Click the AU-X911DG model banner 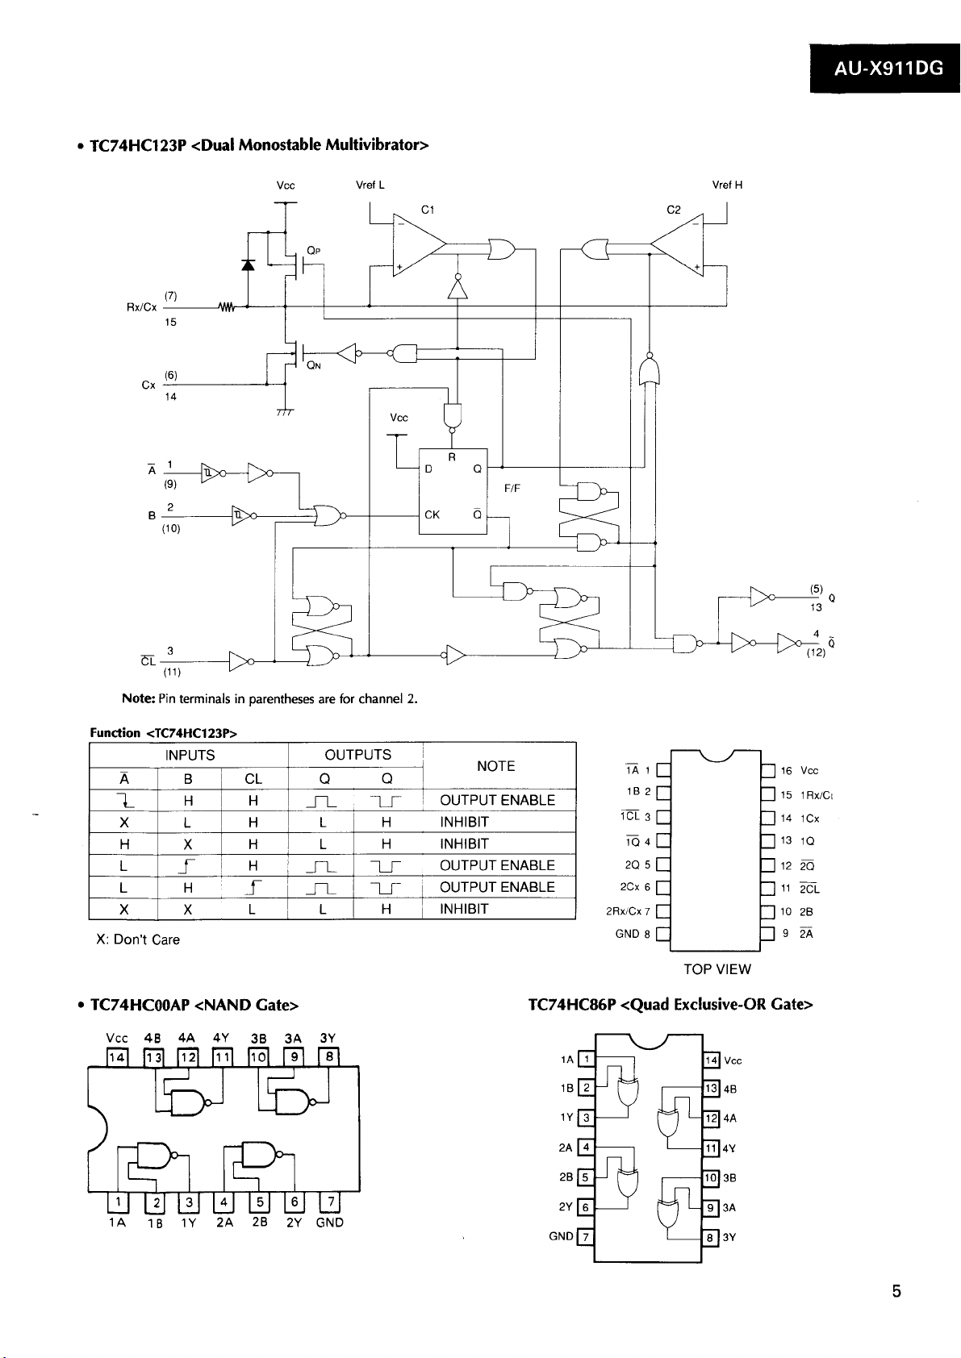pos(884,68)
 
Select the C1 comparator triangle pos(420,244)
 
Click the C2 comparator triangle pos(677,244)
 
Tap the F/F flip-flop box pos(453,491)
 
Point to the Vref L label pos(370,185)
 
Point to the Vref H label pos(727,185)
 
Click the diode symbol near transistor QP pos(248,265)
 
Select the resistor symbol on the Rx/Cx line pos(227,307)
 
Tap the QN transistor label pos(314,365)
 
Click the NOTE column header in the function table pos(495,766)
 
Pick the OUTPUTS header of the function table pos(358,755)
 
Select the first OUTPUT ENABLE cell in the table pos(498,800)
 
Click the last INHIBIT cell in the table pos(464,909)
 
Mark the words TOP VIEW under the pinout pos(717,969)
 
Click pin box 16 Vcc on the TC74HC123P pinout pos(768,771)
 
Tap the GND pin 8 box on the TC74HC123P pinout pos(663,934)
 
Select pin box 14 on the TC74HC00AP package pos(117,1058)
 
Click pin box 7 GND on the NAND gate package pos(331,1201)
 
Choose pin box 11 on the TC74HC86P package pos(711,1148)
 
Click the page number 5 pos(896,1292)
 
